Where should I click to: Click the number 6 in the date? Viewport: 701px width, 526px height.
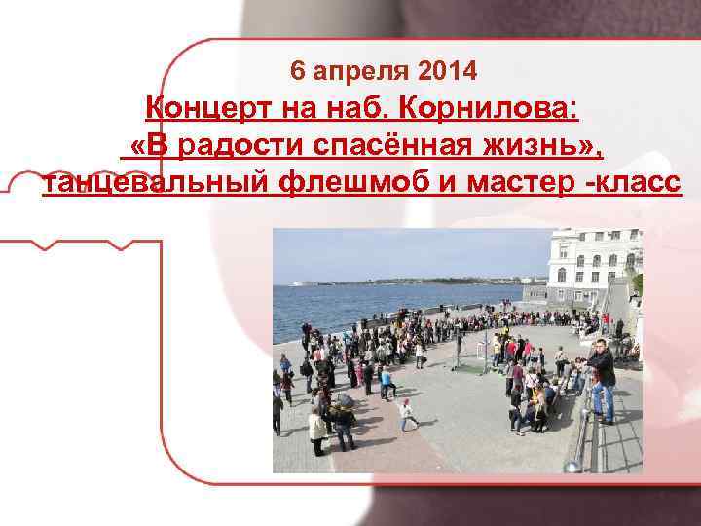pyautogui.click(x=297, y=71)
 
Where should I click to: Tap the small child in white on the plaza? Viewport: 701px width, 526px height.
pyautogui.click(x=407, y=413)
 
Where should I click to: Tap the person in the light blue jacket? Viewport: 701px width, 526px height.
pyautogui.click(x=387, y=382)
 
